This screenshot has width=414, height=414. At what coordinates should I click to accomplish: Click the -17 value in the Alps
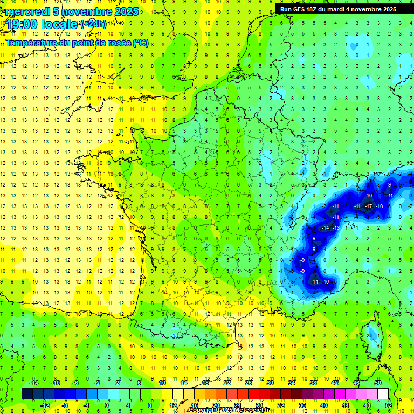(x=369, y=206)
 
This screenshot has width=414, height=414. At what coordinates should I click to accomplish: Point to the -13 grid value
(x=336, y=228)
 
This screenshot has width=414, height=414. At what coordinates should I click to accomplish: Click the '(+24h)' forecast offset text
(x=93, y=24)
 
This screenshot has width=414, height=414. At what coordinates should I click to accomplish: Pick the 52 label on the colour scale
(x=389, y=405)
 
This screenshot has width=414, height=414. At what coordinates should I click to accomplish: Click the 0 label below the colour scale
(x=107, y=405)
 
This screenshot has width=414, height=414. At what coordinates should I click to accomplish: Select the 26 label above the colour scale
(x=248, y=383)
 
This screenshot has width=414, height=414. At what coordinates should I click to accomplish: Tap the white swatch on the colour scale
(x=383, y=394)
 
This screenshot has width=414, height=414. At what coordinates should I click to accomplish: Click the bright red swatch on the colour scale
(x=254, y=394)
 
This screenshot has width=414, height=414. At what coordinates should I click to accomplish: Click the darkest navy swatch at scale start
(x=27, y=394)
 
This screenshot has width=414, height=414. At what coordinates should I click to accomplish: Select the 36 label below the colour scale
(x=302, y=405)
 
